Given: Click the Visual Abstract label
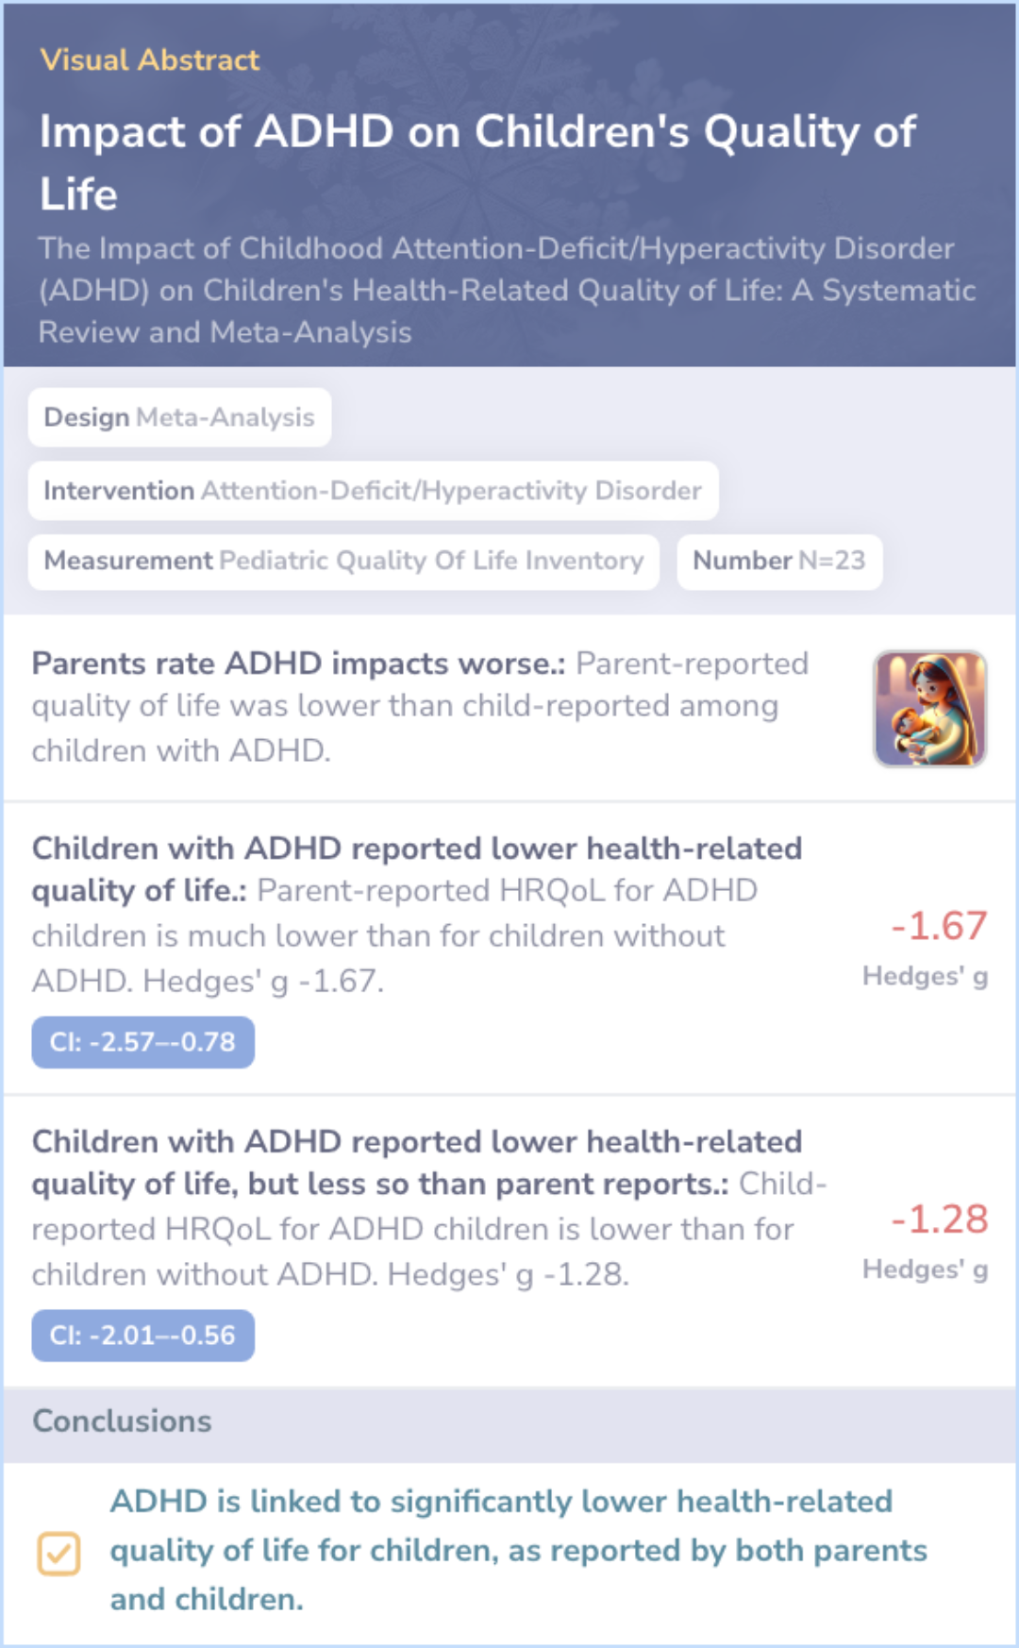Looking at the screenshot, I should pos(149,60).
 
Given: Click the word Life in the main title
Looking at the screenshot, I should pos(78,194).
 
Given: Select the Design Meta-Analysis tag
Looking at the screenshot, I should pos(179,417).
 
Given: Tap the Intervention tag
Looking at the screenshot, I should pos(373,491).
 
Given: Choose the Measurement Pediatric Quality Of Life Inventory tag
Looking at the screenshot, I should pos(343,561).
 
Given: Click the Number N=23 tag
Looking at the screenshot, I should pos(778,561).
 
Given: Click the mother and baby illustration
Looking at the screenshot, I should pos(929,708).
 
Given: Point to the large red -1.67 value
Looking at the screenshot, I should pos(939,926).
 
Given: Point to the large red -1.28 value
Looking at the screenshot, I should pos(939,1219).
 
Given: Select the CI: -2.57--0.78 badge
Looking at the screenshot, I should pos(142,1042).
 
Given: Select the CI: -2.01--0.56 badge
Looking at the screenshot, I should pos(142,1336).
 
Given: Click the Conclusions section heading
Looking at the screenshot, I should pos(122,1421).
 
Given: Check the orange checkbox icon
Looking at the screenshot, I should pos(58,1554).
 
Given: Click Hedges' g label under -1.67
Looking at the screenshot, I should pos(925,976).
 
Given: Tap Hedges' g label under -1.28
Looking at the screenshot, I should pos(925,1270).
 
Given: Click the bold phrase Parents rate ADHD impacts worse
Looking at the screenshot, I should pos(297,664).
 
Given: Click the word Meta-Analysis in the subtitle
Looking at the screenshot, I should pos(310,332).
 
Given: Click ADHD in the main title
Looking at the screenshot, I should pos(324,131).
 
